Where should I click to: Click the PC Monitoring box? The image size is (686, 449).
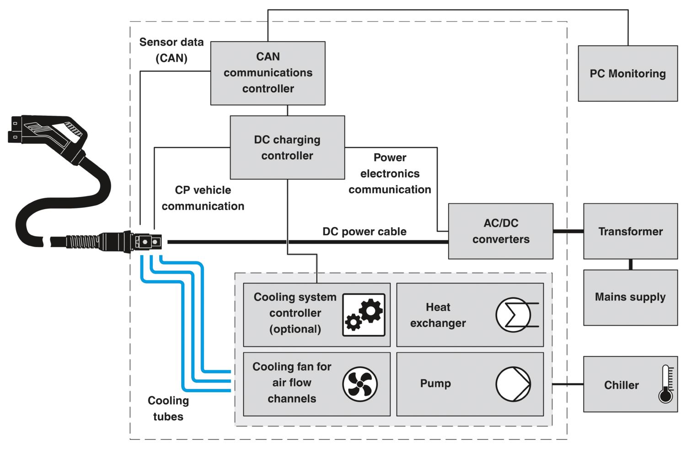tap(628, 74)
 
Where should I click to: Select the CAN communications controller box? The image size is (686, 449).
tap(268, 73)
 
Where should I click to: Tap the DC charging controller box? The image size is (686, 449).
tap(287, 147)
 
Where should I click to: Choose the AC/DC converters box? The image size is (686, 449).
tap(501, 231)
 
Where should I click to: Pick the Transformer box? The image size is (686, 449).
tap(631, 231)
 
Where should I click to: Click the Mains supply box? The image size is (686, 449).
tap(631, 298)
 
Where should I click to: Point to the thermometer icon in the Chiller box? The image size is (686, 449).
tap(666, 384)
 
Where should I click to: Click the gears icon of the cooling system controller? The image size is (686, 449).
tap(364, 315)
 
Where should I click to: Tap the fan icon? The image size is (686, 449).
tap(360, 384)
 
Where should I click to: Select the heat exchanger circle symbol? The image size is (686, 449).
tap(513, 315)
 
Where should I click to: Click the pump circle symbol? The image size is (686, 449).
tap(513, 384)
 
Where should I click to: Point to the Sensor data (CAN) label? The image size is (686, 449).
tap(171, 50)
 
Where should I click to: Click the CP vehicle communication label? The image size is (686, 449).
tap(203, 198)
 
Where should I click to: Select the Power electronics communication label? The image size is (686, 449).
tap(390, 173)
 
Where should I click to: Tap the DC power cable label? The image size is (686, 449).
tap(364, 232)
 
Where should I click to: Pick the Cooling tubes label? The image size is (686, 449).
tap(168, 408)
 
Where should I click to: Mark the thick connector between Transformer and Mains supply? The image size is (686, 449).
tap(631, 265)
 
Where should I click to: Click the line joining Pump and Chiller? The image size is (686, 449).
tap(568, 384)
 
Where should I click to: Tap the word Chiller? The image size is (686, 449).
tap(622, 385)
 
